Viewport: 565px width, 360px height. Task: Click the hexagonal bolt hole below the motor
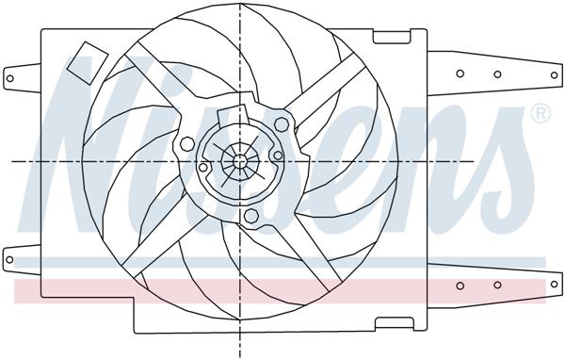[250, 218]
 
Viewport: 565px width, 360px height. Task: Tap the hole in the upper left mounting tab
[12, 75]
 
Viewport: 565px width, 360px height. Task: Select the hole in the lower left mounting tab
[12, 254]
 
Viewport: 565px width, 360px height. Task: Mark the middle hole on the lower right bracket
[497, 286]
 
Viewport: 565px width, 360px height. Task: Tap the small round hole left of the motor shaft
[202, 168]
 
